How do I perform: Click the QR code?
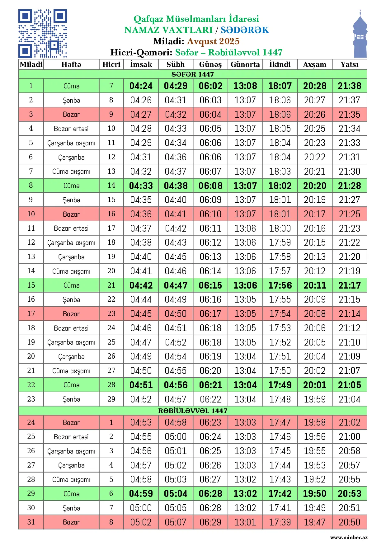point(43,34)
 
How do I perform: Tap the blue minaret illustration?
point(360,35)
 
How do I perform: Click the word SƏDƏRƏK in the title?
point(245,30)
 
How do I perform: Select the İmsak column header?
point(141,64)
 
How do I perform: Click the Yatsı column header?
point(349,64)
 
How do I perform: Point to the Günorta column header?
point(245,64)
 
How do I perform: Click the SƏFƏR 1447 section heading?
point(193,74)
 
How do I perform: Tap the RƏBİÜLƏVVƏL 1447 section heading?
point(193,411)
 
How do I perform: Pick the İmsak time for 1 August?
point(141,86)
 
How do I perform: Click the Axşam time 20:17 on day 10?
point(315,214)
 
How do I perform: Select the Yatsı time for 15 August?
point(349,285)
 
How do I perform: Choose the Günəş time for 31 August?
point(210,522)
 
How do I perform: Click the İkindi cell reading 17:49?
point(280,385)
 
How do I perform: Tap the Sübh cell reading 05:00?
point(176,437)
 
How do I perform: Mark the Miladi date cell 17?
point(31,313)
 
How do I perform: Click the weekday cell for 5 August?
point(71,143)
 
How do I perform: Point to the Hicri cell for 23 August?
point(111,399)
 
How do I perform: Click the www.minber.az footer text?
point(349,537)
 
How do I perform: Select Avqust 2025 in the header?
point(213,41)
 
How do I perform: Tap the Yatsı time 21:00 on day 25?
point(349,437)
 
